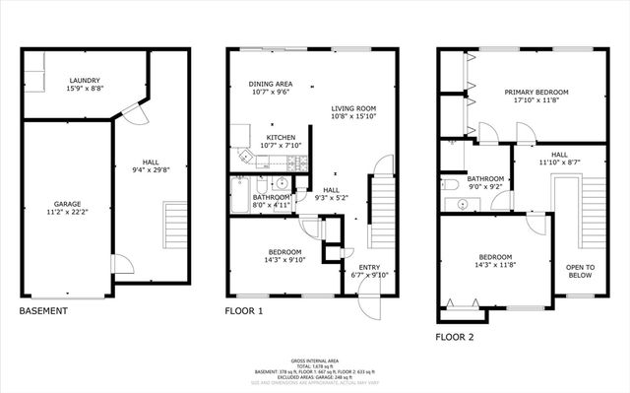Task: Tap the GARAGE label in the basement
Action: (x=68, y=204)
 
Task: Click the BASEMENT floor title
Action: (x=43, y=311)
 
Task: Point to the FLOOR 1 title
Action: (x=245, y=311)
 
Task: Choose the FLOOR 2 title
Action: (x=455, y=337)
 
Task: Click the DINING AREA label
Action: (x=268, y=85)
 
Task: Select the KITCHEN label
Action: (x=282, y=138)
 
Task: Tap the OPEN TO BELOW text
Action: (x=580, y=272)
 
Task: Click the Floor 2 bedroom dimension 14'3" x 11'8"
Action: (x=497, y=264)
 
